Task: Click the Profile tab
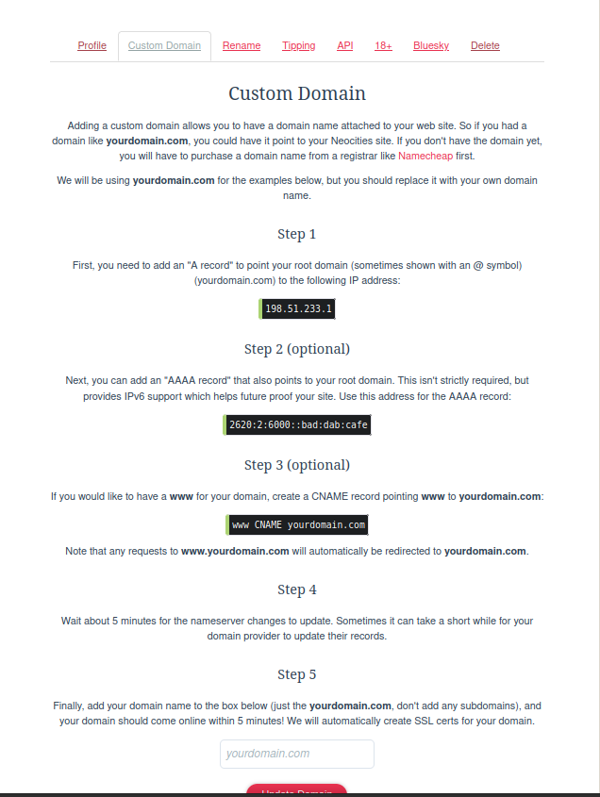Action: (92, 45)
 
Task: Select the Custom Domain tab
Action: (164, 45)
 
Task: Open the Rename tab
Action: (242, 45)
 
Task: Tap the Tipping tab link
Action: (298, 45)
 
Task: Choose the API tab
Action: (345, 45)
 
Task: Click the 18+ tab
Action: (383, 45)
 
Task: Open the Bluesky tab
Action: (431, 45)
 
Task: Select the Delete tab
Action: (485, 45)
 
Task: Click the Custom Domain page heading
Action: (297, 94)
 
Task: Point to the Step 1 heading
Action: (297, 234)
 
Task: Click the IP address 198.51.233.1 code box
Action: (298, 308)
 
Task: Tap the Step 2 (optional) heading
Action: (297, 349)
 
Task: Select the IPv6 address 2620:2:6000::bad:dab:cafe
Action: (298, 425)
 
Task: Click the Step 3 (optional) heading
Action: (297, 465)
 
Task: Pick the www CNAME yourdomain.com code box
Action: (298, 524)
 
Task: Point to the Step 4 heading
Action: (297, 589)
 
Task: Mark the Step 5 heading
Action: (297, 674)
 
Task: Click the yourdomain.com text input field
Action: (297, 754)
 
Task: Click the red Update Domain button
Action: (296, 790)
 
